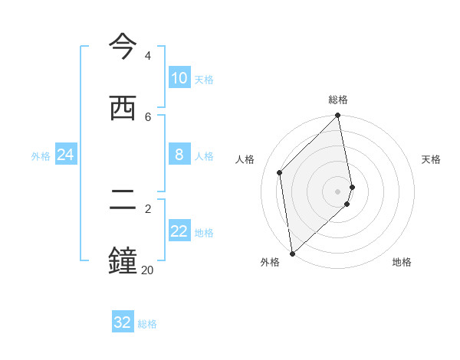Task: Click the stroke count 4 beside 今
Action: point(147,56)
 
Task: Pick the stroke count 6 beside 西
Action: point(147,116)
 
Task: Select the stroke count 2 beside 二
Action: point(147,208)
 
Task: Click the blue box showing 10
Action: point(179,78)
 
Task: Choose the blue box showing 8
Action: point(179,155)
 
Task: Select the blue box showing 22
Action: point(179,231)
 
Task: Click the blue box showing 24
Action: point(65,155)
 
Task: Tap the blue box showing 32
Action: point(123,322)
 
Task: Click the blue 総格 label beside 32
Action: point(147,324)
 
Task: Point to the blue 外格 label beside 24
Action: point(41,156)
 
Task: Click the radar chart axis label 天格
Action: point(431,159)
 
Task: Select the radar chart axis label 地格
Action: point(402,262)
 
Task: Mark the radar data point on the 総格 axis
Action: point(338,116)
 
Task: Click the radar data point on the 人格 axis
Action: point(280,172)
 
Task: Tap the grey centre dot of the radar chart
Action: point(338,191)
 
